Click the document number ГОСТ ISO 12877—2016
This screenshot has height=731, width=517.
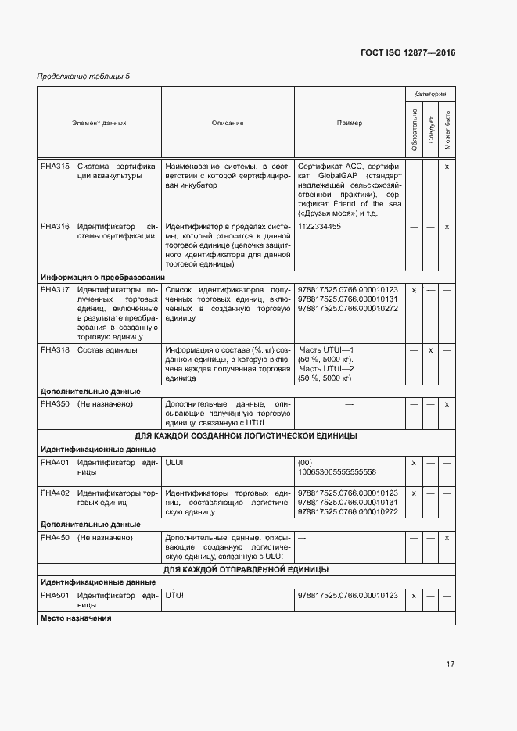(407, 52)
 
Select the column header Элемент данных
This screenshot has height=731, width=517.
(99, 123)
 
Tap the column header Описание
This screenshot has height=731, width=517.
(228, 123)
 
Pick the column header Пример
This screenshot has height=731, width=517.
(349, 123)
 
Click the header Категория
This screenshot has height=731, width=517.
(430, 94)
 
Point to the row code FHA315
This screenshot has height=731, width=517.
(55, 167)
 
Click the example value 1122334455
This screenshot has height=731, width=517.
(320, 226)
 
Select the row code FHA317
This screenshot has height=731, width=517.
(55, 289)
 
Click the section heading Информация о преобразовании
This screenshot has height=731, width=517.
(102, 277)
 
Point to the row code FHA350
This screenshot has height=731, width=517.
(55, 403)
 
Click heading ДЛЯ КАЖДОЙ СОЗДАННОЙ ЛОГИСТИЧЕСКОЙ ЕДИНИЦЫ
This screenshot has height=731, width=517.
(246, 435)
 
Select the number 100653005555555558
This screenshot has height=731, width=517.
(337, 471)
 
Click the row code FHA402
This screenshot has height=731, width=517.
(55, 493)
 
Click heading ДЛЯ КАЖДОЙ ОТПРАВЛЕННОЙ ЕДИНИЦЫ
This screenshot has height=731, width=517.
(246, 569)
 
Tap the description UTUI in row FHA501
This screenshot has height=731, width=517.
(174, 595)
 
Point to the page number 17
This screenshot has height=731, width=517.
(451, 665)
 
